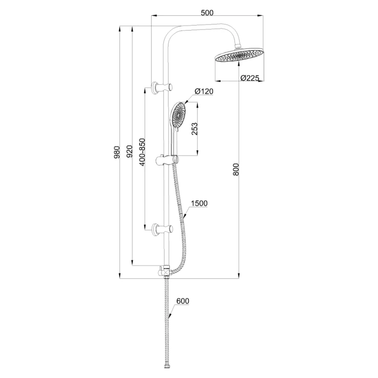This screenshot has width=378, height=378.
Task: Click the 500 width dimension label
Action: pos(207,13)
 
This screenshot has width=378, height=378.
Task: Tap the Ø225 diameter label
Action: pos(250,78)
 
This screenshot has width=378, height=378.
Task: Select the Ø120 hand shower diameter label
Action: pos(204,91)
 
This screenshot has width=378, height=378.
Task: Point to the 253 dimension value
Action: pos(195,129)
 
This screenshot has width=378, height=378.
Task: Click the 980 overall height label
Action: pos(116,152)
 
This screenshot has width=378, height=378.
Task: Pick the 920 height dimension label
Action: pos(130,151)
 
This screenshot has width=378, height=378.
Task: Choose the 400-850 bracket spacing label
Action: pos(142,152)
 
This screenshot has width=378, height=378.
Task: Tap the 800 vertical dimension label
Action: pos(236,169)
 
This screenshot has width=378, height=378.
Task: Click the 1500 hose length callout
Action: pos(199,203)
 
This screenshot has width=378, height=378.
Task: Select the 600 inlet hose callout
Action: pos(183,301)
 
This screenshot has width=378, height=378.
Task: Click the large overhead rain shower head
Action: pos(239,55)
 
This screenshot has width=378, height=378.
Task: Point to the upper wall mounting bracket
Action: pos(161,87)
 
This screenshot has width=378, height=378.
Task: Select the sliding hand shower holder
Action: pos(168,160)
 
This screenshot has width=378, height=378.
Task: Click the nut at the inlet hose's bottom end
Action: pos(166,367)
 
